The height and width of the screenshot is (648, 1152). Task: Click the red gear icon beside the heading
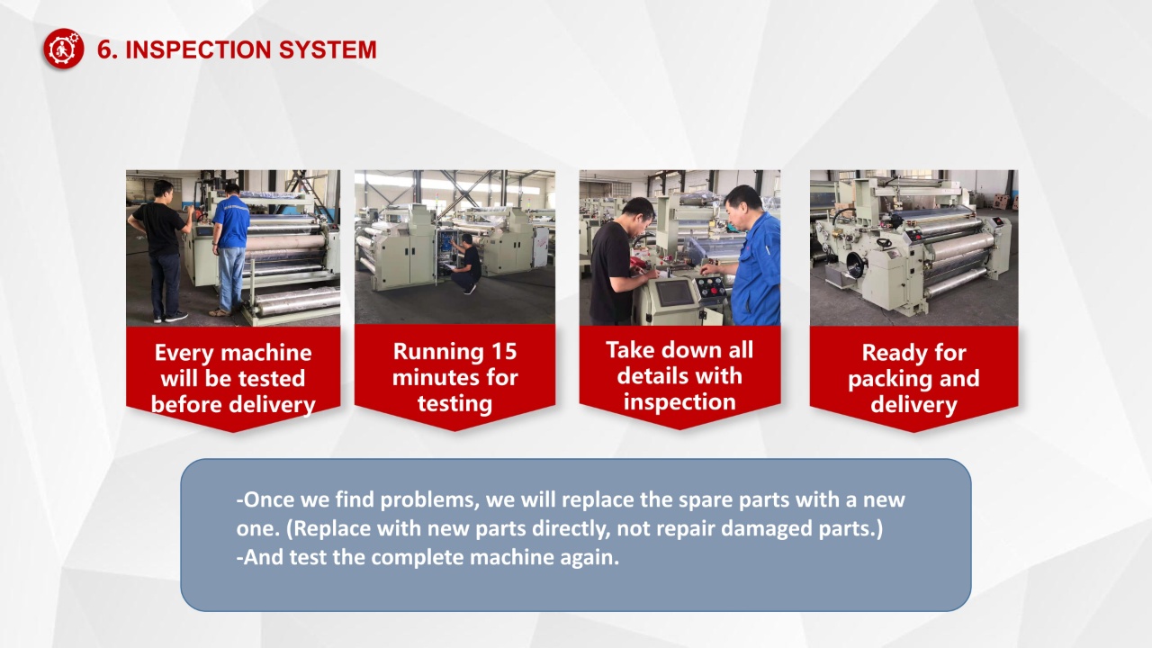click(64, 49)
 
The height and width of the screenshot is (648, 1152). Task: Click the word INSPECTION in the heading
click(198, 49)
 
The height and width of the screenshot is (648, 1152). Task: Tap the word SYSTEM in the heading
click(328, 49)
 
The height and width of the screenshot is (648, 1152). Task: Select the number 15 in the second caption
click(503, 352)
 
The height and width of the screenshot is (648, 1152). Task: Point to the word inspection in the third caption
click(679, 402)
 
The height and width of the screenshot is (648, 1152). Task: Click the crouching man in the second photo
click(466, 264)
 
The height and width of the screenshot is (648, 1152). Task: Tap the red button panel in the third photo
click(711, 287)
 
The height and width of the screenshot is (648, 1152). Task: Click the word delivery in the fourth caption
click(913, 405)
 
